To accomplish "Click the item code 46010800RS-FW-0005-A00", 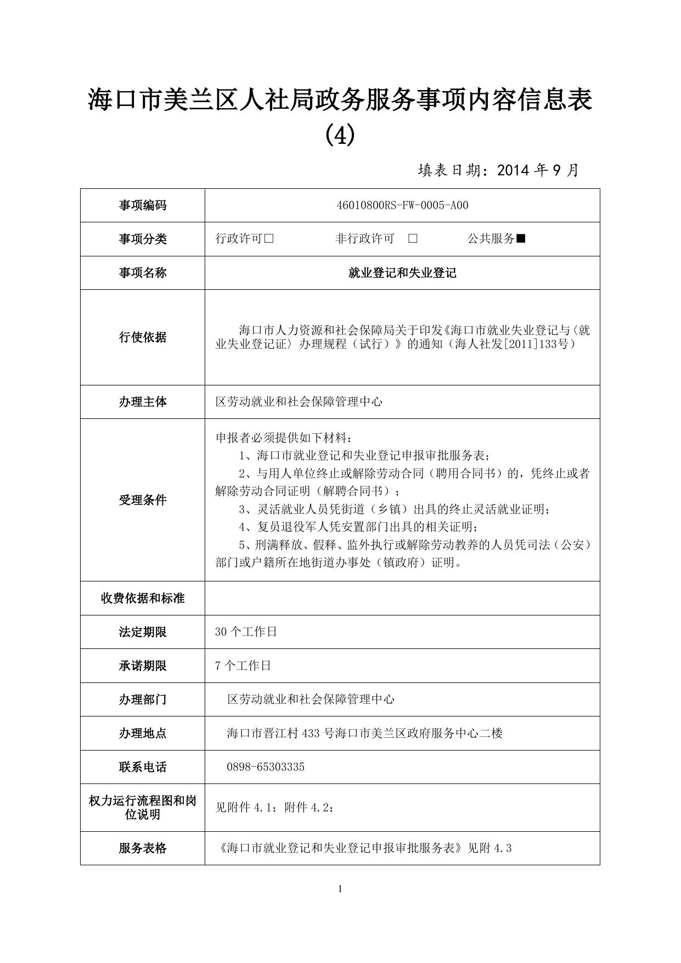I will tap(402, 205).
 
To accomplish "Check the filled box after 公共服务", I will tap(521, 239).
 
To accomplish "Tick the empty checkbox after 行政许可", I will tap(269, 239).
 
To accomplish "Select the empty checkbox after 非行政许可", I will tap(413, 239).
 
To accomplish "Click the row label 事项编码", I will tap(143, 205).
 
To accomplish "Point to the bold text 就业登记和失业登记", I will tap(402, 273).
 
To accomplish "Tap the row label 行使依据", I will tap(143, 337).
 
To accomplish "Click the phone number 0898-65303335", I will tap(266, 767).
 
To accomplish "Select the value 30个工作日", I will tap(246, 632).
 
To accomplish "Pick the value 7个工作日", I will tap(243, 666).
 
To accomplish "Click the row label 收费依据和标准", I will tap(143, 598).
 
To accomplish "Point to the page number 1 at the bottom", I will tap(340, 889).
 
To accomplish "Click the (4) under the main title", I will tap(340, 135).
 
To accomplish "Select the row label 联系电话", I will tap(143, 767).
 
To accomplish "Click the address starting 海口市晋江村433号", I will tap(365, 734).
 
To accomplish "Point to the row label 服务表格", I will tap(143, 848).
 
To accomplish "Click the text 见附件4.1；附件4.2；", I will tap(275, 808).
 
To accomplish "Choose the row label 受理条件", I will tap(143, 500).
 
